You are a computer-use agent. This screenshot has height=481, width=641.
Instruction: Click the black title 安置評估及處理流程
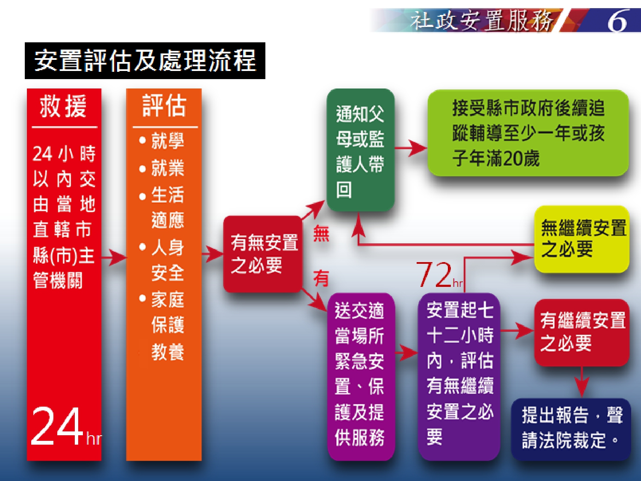[145, 60]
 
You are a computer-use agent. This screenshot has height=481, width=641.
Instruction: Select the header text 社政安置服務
[482, 21]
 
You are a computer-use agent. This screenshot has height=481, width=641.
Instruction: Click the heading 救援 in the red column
[63, 106]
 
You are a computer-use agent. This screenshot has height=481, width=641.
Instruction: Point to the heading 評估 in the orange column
[164, 106]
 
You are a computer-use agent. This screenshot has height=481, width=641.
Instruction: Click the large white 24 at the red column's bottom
[57, 427]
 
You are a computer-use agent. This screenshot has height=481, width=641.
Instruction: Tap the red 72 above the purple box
[434, 274]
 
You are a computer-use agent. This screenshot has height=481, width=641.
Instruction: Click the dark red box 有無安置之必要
[262, 254]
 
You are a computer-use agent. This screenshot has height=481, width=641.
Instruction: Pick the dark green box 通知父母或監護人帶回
[360, 150]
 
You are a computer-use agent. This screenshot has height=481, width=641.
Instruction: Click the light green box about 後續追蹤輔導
[528, 133]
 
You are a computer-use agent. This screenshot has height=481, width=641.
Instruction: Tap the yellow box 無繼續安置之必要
[582, 239]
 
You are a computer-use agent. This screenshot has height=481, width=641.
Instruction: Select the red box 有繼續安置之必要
[582, 332]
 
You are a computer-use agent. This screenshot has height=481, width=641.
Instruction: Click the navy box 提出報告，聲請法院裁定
[571, 429]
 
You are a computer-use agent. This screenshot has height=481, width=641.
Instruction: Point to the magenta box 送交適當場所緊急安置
[361, 377]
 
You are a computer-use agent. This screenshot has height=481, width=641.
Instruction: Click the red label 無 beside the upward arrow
[321, 234]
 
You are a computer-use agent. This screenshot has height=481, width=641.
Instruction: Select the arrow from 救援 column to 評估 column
[114, 257]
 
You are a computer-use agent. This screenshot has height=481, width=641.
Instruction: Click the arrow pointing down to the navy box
[582, 382]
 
